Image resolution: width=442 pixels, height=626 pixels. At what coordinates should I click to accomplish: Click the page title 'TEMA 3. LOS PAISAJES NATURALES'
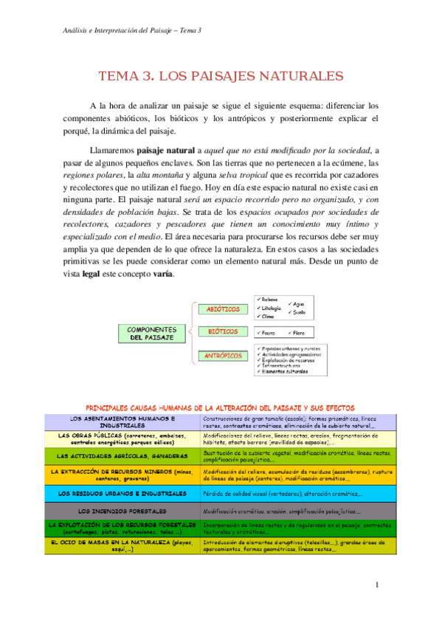pos(221,75)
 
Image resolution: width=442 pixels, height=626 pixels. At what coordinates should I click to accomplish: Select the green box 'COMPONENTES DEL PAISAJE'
pos(151,333)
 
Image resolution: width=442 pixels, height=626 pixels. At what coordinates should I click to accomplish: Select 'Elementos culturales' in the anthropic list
pos(285,371)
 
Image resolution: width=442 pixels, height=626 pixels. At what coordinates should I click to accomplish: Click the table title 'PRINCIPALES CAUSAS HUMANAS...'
pos(221,407)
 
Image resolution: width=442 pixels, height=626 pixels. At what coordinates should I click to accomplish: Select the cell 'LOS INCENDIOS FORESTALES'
pos(122,511)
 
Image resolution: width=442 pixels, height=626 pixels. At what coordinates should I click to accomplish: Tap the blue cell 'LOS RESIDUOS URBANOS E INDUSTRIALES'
pos(122,493)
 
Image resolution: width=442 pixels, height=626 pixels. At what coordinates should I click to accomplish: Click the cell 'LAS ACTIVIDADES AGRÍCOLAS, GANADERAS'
pos(122,455)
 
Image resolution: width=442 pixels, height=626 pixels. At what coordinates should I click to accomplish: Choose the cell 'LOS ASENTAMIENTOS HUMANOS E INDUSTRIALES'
pos(122,422)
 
